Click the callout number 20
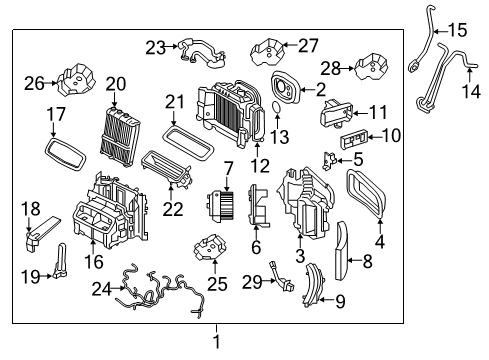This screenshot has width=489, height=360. pyautogui.click(x=116, y=84)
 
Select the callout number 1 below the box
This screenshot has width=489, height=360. pyautogui.click(x=215, y=341)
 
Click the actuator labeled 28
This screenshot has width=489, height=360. pyautogui.click(x=374, y=67)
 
